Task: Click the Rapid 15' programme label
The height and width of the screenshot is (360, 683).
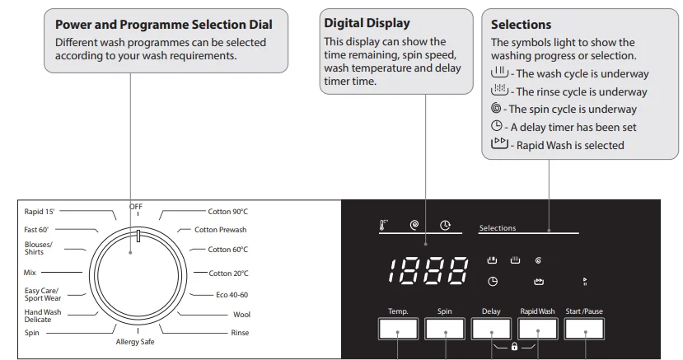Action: click(40, 212)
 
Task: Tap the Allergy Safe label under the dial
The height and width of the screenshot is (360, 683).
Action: click(135, 342)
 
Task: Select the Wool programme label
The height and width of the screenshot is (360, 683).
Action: click(241, 314)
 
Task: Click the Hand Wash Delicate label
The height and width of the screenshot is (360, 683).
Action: click(43, 316)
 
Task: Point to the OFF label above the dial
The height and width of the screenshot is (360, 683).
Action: click(136, 205)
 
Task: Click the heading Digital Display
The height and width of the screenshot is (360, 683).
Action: click(367, 23)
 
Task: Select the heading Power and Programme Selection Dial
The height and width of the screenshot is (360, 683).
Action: click(163, 25)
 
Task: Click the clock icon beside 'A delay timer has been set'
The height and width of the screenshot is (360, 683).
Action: click(496, 127)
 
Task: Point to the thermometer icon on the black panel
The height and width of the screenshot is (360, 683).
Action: click(384, 223)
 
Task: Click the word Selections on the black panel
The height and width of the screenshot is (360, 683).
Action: click(498, 228)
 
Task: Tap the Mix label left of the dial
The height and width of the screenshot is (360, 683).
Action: click(30, 271)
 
